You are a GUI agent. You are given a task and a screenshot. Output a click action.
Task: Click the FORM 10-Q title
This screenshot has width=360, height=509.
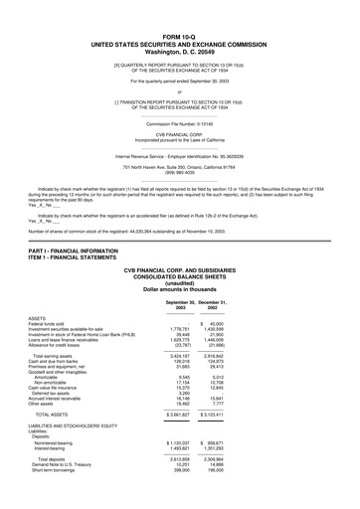[x=179, y=34]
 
